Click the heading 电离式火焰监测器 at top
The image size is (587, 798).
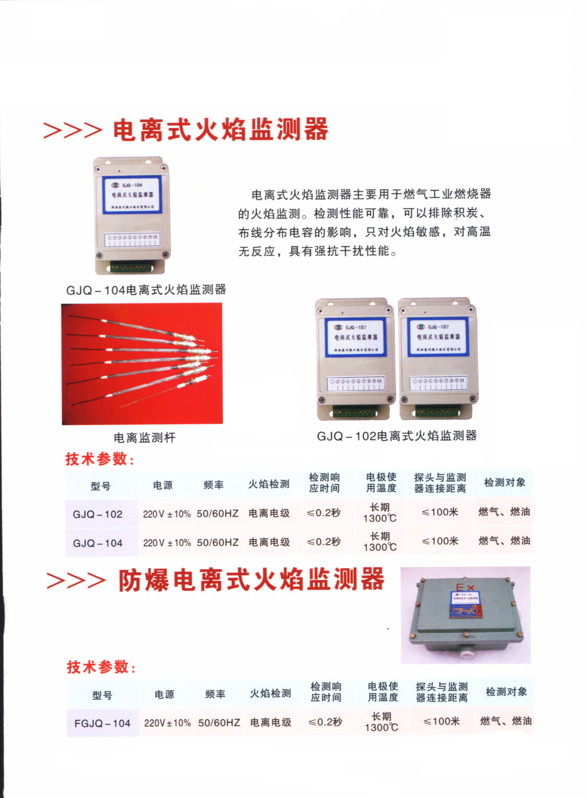[x=220, y=129]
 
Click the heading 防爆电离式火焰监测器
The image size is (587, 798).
[x=251, y=579]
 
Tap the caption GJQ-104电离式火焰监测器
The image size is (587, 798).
[x=146, y=289]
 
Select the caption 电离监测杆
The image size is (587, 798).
[x=145, y=437]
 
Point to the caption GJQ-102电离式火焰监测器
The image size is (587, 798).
[x=397, y=436]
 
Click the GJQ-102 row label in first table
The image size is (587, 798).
[x=98, y=514]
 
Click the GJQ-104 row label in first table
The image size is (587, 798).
[x=98, y=543]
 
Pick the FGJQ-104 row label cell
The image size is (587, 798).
[x=102, y=723]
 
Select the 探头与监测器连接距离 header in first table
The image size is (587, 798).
[x=440, y=483]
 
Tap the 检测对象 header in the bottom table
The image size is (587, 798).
[x=506, y=692]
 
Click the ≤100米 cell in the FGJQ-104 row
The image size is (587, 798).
[x=441, y=721]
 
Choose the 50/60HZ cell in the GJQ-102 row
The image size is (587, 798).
[x=218, y=513]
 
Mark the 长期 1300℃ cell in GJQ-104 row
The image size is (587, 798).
[x=380, y=542]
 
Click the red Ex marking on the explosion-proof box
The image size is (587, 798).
[x=464, y=587]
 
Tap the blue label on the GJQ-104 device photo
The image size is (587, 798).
[x=132, y=194]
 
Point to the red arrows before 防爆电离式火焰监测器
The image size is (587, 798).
[x=76, y=580]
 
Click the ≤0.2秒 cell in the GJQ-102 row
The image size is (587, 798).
[x=324, y=513]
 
